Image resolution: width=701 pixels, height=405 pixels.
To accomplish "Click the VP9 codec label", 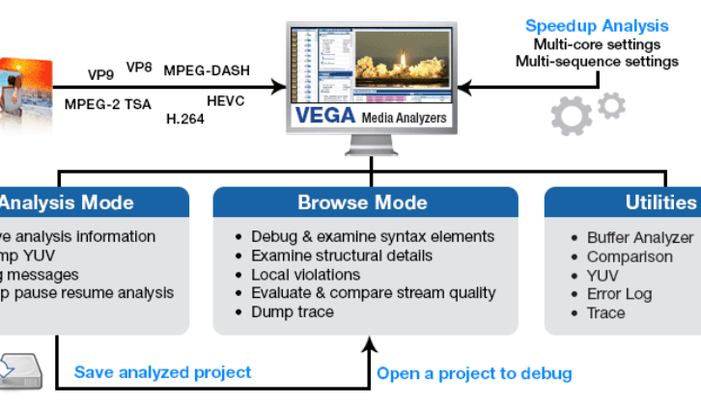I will point(101,74).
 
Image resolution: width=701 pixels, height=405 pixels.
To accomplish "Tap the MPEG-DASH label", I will point(204,69).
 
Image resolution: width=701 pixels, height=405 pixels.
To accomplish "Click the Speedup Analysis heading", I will point(596,26).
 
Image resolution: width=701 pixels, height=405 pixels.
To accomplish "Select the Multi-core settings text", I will point(597,44).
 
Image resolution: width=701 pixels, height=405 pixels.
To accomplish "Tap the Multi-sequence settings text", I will point(597,62).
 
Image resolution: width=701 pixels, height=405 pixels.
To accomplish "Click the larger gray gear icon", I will point(572,116).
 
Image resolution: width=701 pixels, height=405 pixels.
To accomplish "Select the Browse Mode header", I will point(362,202).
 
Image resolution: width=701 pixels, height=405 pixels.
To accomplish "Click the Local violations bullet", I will point(306,274).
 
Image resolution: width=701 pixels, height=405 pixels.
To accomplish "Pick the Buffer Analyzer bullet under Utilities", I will point(640,237).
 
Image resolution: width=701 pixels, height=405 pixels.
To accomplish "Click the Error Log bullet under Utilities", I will point(619,294).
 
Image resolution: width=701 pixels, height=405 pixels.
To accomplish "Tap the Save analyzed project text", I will point(163,372).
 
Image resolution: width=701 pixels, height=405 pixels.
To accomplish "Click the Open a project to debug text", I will point(474,373).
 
